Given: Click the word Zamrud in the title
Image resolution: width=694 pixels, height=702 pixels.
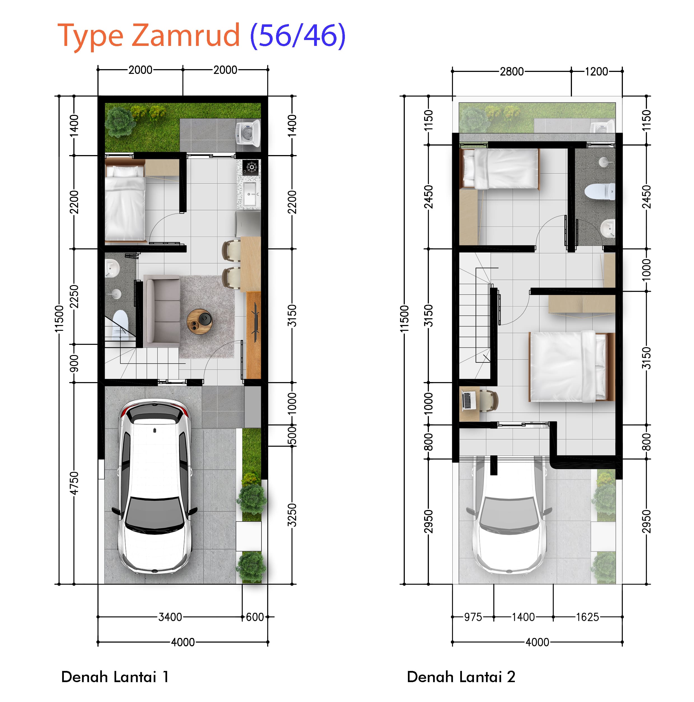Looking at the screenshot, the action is tap(185, 35).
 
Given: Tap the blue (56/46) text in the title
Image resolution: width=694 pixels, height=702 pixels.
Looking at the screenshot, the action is tap(298, 36).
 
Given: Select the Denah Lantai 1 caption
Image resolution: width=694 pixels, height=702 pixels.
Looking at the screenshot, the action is tap(115, 677).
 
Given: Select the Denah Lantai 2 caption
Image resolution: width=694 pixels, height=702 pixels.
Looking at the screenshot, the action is tap(461, 677).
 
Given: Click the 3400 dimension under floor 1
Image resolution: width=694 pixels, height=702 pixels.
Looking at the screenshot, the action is tap(170, 617).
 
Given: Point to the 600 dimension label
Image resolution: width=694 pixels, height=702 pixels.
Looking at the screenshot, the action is tap(255, 617).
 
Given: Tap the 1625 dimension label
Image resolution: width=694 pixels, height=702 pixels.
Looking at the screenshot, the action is tap(587, 617).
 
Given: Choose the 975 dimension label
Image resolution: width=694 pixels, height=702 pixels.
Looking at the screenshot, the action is tap(473, 617).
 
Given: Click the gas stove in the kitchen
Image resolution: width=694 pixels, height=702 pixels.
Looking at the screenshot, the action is tap(251, 167).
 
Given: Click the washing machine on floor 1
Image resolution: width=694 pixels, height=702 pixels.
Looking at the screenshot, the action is tap(249, 133).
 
